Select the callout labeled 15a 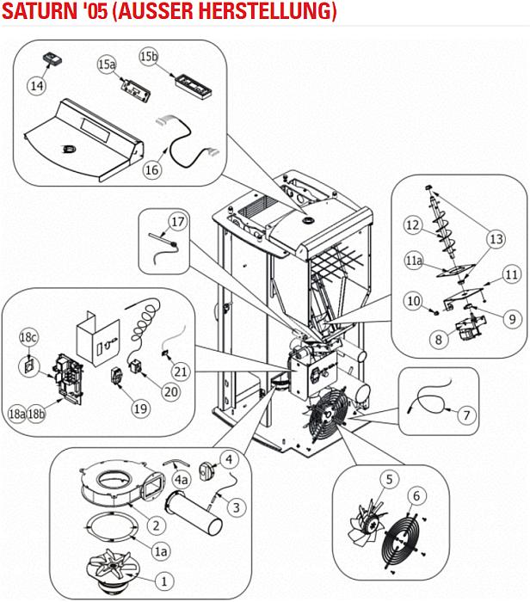click(x=107, y=64)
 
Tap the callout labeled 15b click(x=149, y=57)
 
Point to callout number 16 click(x=151, y=169)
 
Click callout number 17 click(x=177, y=222)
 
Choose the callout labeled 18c click(x=28, y=337)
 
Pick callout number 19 click(x=139, y=408)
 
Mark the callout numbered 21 click(x=180, y=372)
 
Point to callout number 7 click(x=465, y=415)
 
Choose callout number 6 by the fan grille click(x=417, y=495)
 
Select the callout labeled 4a click(x=181, y=478)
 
